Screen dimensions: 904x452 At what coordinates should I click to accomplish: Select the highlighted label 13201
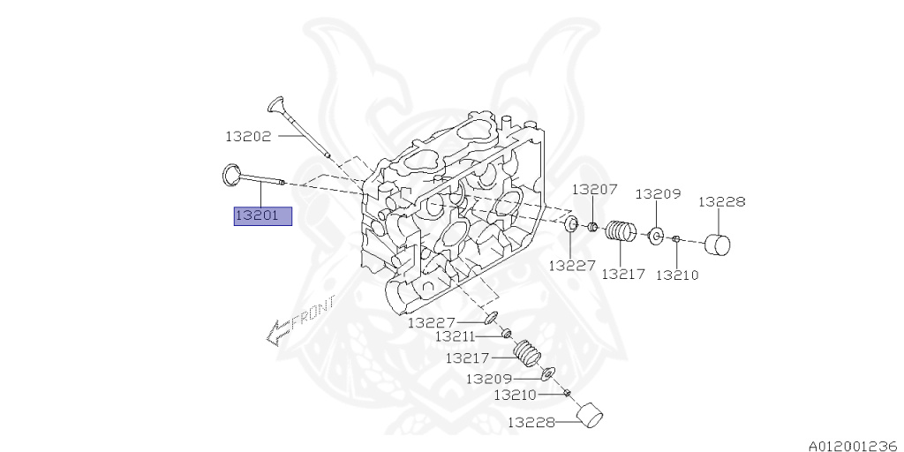262,216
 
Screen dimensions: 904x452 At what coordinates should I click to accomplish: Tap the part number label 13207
594,190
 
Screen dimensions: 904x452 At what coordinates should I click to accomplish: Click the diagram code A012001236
851,445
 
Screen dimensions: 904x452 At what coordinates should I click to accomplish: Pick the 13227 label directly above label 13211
431,323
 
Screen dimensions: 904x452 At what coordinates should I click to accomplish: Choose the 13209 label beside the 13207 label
658,193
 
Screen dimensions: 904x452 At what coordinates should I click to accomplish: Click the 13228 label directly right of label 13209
721,201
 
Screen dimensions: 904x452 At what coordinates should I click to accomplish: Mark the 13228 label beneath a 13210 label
531,423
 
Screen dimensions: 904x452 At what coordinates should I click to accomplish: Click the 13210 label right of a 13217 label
677,275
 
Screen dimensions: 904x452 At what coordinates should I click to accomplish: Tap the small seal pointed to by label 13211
508,333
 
